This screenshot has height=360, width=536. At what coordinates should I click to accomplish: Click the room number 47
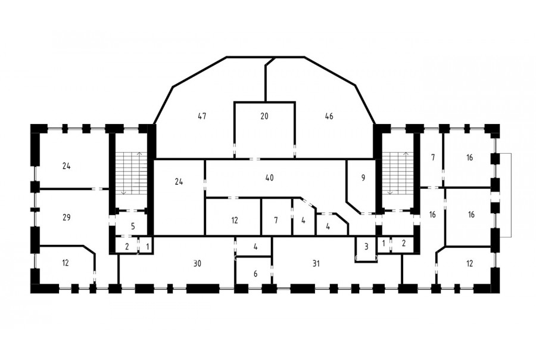(202, 116)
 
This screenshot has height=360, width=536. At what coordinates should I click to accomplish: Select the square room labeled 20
(264, 130)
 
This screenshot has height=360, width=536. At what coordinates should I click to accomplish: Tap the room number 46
(329, 116)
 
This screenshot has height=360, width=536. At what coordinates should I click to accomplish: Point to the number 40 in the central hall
(269, 178)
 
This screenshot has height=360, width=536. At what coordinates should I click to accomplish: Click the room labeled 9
(362, 185)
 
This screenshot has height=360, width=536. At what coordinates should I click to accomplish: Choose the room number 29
(66, 217)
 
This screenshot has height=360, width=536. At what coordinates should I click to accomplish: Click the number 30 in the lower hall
(197, 263)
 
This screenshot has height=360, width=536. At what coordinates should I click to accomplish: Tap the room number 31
(316, 263)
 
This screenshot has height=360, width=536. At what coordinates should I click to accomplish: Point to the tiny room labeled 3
(366, 249)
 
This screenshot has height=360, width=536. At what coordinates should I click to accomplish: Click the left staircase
(131, 173)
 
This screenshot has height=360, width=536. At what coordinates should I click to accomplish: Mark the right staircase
(398, 173)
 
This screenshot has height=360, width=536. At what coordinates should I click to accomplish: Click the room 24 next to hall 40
(179, 197)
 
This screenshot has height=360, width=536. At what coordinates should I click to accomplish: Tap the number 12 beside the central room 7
(234, 220)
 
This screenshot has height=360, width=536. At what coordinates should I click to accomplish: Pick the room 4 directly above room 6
(254, 246)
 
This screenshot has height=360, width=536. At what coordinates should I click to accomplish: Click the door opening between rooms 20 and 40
(255, 159)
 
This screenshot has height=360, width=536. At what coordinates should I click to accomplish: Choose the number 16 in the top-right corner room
(469, 157)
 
